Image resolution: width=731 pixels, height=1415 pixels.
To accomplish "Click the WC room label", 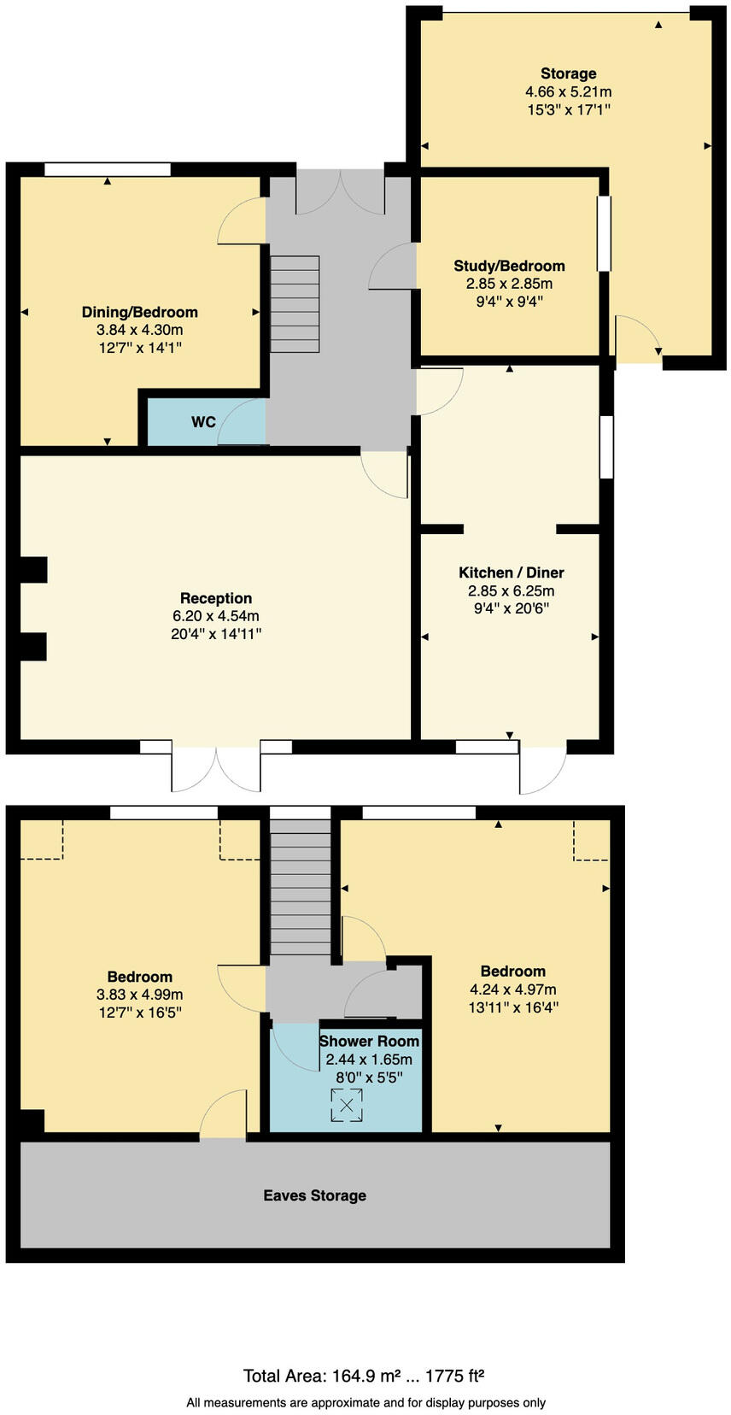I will [x=203, y=422].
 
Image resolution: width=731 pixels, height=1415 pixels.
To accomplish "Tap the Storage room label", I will [x=568, y=73].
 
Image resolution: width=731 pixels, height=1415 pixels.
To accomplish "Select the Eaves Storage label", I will [x=314, y=1195].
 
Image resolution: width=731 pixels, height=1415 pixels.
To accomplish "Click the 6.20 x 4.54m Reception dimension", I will [x=216, y=616].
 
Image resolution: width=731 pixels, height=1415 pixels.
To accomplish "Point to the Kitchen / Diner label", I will [x=511, y=572].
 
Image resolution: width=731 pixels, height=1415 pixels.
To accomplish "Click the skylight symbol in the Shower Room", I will [x=347, y=1105].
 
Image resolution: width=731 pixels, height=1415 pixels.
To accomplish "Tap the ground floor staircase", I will [x=295, y=304].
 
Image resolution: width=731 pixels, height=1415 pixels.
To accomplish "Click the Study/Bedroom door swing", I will [x=391, y=267].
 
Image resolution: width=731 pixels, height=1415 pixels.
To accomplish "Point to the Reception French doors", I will [x=216, y=767].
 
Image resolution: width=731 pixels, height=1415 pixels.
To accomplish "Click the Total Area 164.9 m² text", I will [x=322, y=1376].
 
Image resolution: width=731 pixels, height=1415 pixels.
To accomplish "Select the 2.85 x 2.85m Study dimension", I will [x=509, y=284].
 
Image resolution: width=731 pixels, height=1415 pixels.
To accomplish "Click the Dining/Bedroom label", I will [x=139, y=312].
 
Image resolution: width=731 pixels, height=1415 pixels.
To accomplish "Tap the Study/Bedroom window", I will [x=604, y=234].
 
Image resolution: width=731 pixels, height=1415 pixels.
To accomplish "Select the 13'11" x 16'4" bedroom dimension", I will [x=512, y=1007].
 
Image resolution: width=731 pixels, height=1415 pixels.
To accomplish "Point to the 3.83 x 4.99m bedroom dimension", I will [x=139, y=995].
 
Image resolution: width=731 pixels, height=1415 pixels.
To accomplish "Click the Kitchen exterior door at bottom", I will [x=541, y=767].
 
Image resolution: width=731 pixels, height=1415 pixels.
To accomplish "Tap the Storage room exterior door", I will [x=639, y=338].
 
